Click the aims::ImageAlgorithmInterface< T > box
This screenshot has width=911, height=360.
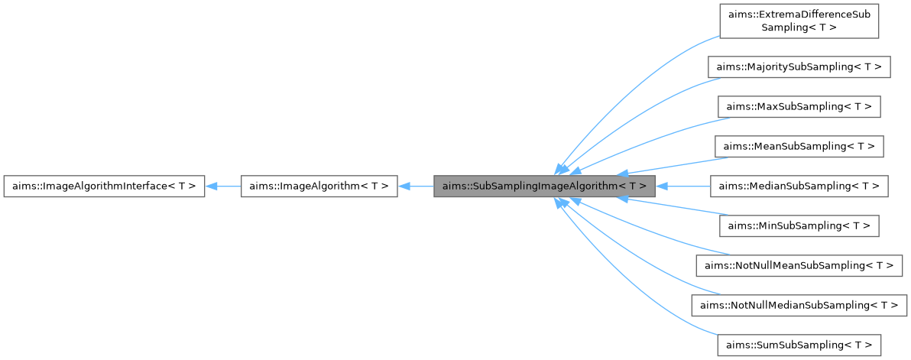(x=104, y=186)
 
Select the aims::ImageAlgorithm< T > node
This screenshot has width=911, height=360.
(x=319, y=186)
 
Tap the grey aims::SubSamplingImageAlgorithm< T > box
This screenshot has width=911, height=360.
(x=544, y=186)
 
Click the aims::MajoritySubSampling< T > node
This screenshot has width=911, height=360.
(x=799, y=66)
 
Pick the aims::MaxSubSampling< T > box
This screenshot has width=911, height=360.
(x=799, y=106)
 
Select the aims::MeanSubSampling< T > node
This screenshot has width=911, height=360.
(x=799, y=146)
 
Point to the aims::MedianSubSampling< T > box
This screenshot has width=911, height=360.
(x=799, y=186)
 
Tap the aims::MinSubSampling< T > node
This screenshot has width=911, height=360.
(x=799, y=225)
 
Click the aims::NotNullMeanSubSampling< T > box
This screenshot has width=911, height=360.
(x=799, y=265)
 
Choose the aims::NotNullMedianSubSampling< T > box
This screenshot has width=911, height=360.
(x=799, y=305)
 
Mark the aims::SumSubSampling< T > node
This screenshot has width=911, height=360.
(x=799, y=345)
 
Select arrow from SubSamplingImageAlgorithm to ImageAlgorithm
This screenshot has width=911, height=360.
(x=417, y=186)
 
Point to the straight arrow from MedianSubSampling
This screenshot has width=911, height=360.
(x=684, y=186)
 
